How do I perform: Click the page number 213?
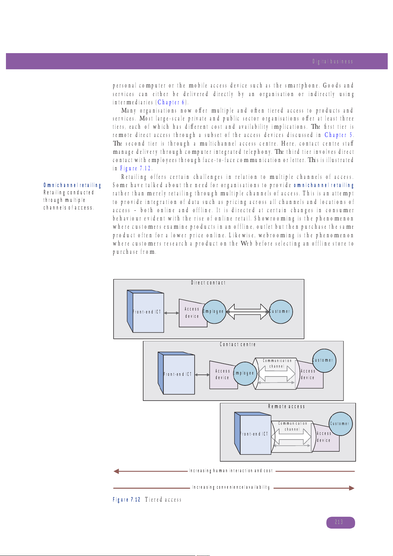coord(340,522)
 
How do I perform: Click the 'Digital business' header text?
coord(333,61)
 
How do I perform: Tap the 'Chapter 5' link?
coord(339,135)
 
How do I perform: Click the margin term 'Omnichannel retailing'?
coord(72,185)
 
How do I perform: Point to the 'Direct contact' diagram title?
coord(208,283)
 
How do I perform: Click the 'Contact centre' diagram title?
coord(238,344)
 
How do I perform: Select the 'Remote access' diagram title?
coord(286,407)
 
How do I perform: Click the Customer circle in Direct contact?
coord(280,311)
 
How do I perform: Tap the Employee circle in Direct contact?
coord(214,311)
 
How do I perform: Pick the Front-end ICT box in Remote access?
coord(255,434)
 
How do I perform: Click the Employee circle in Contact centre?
coord(245,374)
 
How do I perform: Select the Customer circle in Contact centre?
coord(324,360)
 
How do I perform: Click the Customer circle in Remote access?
coord(340,424)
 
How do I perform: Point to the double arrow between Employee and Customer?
coord(247,311)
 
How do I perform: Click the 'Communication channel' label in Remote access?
coord(292,426)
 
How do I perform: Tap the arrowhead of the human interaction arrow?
coord(116,471)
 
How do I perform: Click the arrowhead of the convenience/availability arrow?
coord(352,488)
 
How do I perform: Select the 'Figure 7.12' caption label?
coord(126,500)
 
